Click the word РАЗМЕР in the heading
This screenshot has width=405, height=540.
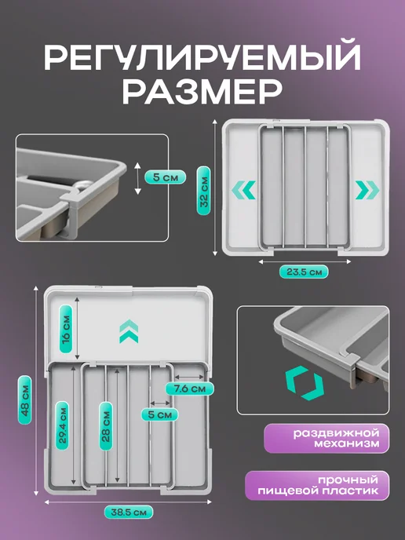(202, 92)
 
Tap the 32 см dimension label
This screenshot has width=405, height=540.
(203, 191)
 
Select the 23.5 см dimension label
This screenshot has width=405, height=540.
(304, 272)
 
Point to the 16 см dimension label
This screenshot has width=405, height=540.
(66, 329)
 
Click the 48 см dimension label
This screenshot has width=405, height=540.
(24, 400)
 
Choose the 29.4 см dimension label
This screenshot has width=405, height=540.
(62, 425)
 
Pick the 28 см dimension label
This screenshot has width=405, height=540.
(106, 426)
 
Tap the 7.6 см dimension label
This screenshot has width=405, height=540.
(189, 389)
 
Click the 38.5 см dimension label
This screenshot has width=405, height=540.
(129, 512)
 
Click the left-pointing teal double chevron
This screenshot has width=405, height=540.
(243, 190)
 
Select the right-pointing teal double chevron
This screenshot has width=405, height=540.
(367, 190)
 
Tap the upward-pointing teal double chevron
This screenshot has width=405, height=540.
(129, 331)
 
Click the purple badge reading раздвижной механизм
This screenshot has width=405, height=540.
(327, 438)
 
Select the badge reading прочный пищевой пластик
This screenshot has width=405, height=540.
(317, 485)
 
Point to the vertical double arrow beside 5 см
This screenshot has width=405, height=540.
(138, 178)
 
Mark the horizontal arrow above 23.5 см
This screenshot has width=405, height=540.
(305, 261)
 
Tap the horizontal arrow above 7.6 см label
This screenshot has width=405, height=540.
(189, 377)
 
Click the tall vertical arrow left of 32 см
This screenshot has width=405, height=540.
(215, 188)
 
